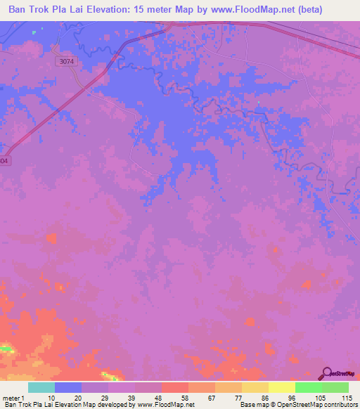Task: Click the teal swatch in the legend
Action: click(41, 387)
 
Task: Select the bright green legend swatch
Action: click(308, 387)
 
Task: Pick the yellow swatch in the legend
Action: click(281, 387)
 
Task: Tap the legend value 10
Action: click(51, 397)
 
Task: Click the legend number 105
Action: click(319, 397)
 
